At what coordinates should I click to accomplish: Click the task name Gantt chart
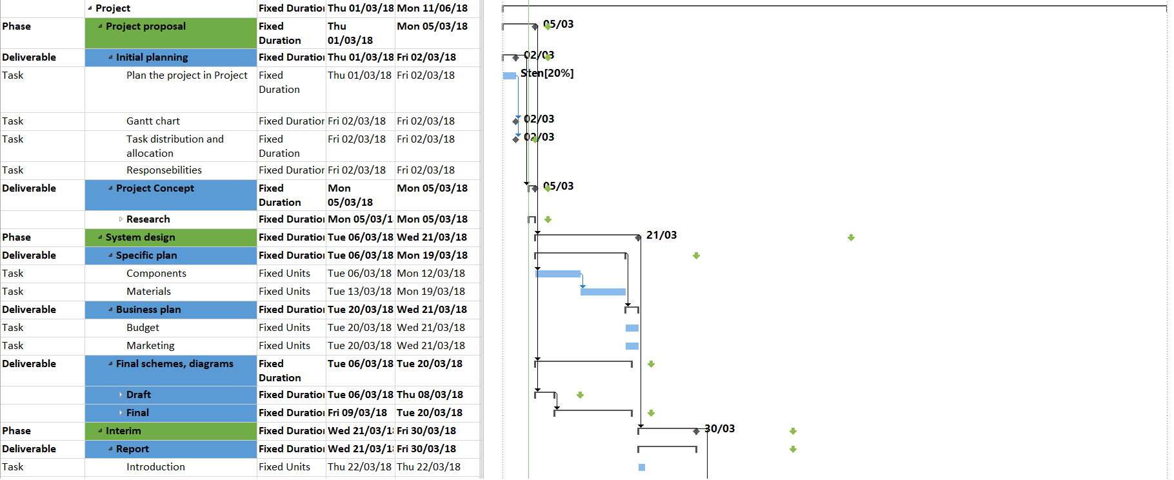pyautogui.click(x=153, y=121)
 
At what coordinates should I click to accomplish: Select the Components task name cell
pyautogui.click(x=156, y=274)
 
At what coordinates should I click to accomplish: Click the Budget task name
pyautogui.click(x=143, y=328)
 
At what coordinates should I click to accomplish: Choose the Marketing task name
pyautogui.click(x=150, y=346)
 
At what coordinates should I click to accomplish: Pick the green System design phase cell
pyautogui.click(x=170, y=237)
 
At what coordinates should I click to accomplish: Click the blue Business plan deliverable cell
pyautogui.click(x=170, y=310)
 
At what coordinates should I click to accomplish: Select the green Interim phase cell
pyautogui.click(x=170, y=431)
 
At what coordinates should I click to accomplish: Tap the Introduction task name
pyautogui.click(x=155, y=467)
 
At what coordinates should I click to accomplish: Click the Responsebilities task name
pyautogui.click(x=164, y=170)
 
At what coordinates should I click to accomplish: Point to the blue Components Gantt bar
pyautogui.click(x=557, y=274)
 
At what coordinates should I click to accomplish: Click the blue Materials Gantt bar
pyautogui.click(x=602, y=292)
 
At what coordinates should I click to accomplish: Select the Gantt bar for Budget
pyautogui.click(x=632, y=328)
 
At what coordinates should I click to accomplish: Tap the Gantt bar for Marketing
pyautogui.click(x=632, y=346)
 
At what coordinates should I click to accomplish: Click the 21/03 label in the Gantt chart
pyautogui.click(x=661, y=235)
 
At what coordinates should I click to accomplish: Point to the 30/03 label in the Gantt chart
pyautogui.click(x=720, y=429)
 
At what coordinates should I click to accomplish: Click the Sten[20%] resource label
pyautogui.click(x=547, y=74)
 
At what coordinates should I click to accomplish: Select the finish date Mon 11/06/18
pyautogui.click(x=432, y=8)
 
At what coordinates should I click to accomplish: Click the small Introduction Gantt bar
pyautogui.click(x=642, y=467)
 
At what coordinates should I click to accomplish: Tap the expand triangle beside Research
pyautogui.click(x=121, y=219)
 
